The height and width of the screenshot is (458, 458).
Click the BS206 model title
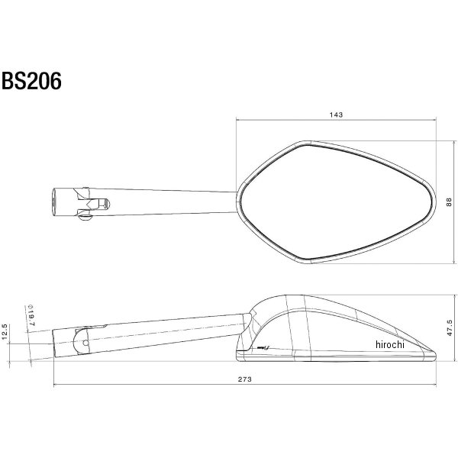(x=31, y=81)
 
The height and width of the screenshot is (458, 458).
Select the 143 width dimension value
(x=336, y=114)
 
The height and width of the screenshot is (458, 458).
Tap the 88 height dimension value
(x=449, y=202)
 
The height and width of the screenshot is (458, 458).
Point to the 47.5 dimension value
(x=450, y=327)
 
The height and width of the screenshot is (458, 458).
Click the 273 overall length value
(x=244, y=379)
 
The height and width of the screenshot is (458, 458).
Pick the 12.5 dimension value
(x=5, y=331)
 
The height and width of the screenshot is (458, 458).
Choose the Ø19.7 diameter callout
(x=31, y=316)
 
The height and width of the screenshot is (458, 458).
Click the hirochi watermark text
(x=390, y=345)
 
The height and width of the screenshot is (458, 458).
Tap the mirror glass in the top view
(x=335, y=202)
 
